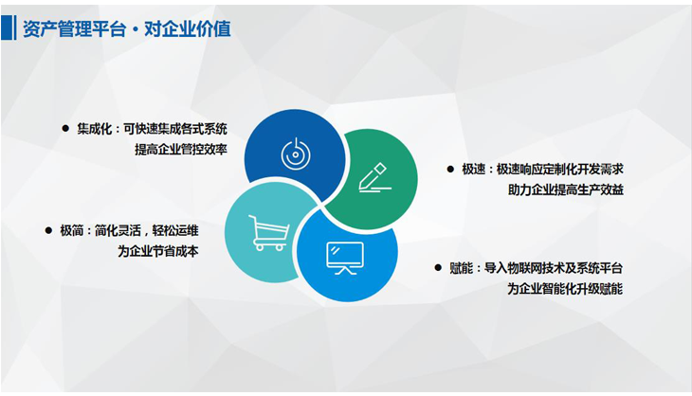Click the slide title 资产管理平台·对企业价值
click(127, 28)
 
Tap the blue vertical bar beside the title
click(8, 27)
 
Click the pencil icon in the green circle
click(374, 178)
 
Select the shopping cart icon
click(269, 233)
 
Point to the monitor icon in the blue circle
click(345, 258)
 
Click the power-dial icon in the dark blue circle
click(295, 153)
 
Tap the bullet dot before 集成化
click(65, 128)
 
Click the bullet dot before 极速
click(450, 169)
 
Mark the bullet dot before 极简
click(48, 230)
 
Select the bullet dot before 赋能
click(438, 268)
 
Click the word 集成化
click(95, 129)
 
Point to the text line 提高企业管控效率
click(181, 150)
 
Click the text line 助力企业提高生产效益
click(566, 190)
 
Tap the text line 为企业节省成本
click(158, 251)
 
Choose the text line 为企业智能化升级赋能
click(565, 289)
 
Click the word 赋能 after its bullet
click(462, 268)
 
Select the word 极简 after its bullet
click(71, 230)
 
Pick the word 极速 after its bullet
click(474, 170)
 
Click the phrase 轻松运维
click(175, 230)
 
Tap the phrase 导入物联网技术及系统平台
click(554, 268)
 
